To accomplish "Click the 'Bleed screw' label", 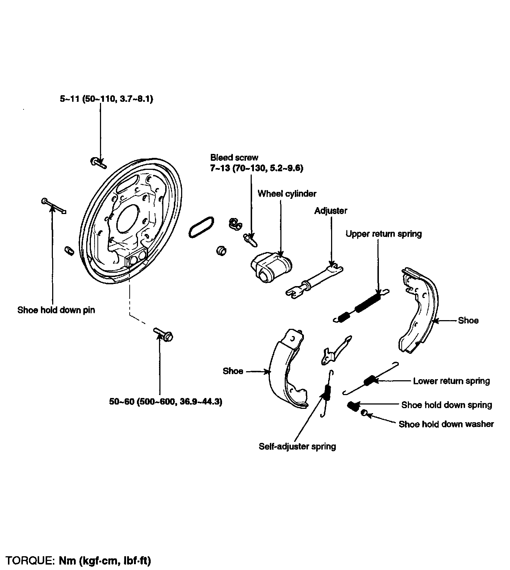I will pyautogui.click(x=234, y=158).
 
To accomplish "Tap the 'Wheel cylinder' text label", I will pyautogui.click(x=287, y=194).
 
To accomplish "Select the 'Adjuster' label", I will pyautogui.click(x=331, y=211).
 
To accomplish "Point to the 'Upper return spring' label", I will pyautogui.click(x=384, y=234).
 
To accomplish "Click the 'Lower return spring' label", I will pyautogui.click(x=451, y=381).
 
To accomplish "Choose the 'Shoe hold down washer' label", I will pyautogui.click(x=446, y=424).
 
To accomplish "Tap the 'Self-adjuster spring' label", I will pyautogui.click(x=297, y=446).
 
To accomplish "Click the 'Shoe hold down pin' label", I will pyautogui.click(x=56, y=310).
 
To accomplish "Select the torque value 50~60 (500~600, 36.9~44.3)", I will pyautogui.click(x=166, y=402).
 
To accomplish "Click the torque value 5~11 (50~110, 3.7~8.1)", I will pyautogui.click(x=106, y=99).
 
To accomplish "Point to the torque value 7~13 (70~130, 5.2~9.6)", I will pyautogui.click(x=256, y=168).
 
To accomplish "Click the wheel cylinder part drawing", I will pyautogui.click(x=272, y=266).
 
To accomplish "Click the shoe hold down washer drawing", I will pyautogui.click(x=365, y=412).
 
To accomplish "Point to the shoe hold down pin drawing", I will pyautogui.click(x=54, y=206).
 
